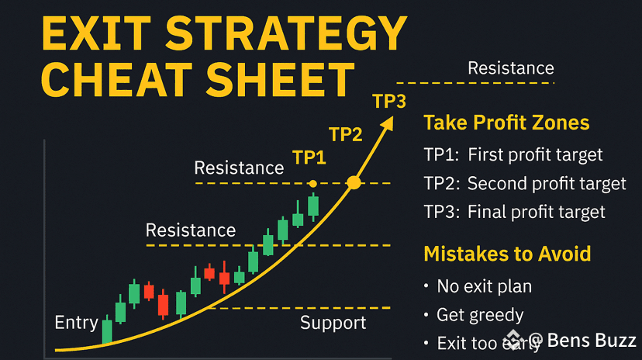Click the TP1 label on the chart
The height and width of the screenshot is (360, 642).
coord(309,158)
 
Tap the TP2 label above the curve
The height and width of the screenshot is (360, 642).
coord(346,134)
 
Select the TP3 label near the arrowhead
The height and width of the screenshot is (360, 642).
coord(389,102)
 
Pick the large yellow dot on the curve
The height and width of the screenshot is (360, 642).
coord(354,183)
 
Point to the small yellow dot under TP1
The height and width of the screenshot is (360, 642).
coord(312,184)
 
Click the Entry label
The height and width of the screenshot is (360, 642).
coord(76,323)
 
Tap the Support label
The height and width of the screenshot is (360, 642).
coord(333,323)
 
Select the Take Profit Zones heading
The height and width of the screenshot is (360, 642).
coord(506,123)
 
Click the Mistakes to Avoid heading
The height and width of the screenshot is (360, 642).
coord(507,254)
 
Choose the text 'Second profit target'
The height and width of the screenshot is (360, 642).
coord(547,184)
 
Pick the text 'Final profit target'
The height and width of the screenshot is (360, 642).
coord(537,212)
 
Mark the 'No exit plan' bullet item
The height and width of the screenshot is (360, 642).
coord(485,286)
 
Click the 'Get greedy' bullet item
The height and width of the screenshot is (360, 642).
coord(480,315)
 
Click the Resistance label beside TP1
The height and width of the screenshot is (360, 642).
coord(239,168)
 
